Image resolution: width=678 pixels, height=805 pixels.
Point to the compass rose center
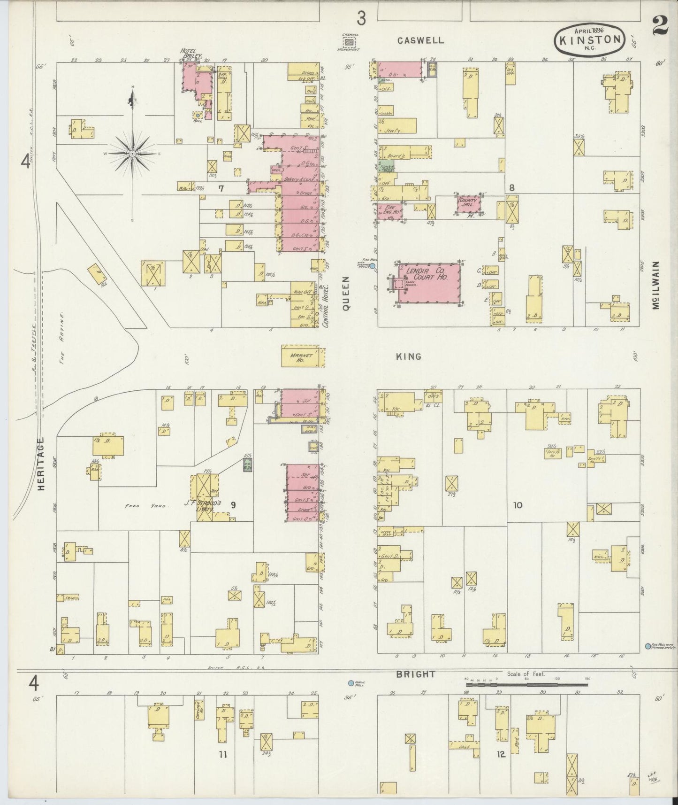(133, 154)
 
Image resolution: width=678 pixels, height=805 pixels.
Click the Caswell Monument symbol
(349, 43)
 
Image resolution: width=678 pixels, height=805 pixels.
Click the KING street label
(408, 356)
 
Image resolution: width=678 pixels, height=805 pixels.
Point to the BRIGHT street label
(415, 674)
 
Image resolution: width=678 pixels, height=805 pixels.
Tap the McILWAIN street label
(656, 285)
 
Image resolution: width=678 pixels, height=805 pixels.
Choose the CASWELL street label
(420, 40)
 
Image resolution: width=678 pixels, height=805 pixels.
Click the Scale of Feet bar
(526, 685)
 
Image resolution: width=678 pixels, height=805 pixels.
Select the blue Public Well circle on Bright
(350, 683)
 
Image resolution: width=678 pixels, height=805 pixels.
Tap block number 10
(518, 505)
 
